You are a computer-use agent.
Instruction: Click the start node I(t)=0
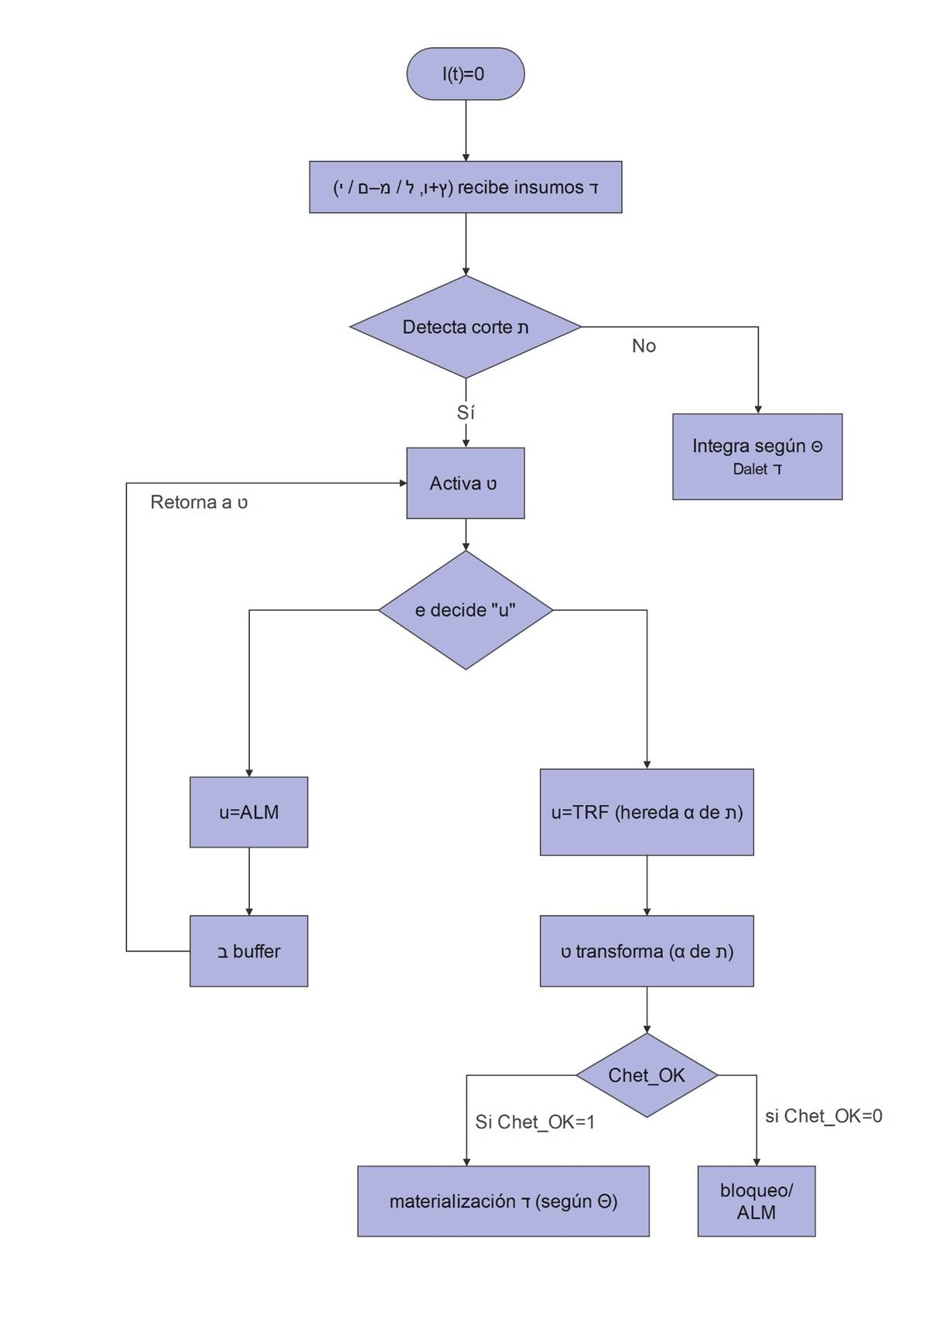[x=466, y=74]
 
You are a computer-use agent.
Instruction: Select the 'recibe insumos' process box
[x=466, y=187]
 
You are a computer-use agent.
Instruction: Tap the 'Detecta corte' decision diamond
[x=466, y=327]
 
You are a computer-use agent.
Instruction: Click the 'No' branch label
[x=644, y=346]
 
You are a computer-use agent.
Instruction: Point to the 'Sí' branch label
[x=466, y=413]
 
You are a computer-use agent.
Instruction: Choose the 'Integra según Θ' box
[x=757, y=456]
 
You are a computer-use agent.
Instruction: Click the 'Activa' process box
[x=466, y=483]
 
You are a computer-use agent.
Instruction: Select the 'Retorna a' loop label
[x=199, y=502]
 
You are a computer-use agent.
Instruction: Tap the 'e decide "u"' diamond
[x=466, y=610]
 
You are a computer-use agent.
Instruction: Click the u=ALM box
[x=249, y=812]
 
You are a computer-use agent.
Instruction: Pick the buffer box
[x=249, y=951]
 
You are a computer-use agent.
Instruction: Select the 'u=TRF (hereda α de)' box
[x=647, y=812]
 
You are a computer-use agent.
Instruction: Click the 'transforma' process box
[x=647, y=951]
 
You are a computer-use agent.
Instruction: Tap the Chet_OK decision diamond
[x=647, y=1075]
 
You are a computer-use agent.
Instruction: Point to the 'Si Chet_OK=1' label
[x=535, y=1122]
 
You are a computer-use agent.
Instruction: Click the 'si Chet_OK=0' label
[x=824, y=1115]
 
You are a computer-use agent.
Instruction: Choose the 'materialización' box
[x=504, y=1201]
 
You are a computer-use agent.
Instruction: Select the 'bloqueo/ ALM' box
[x=756, y=1201]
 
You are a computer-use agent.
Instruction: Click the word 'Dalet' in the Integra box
[x=749, y=469]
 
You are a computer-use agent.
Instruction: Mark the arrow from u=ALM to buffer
[x=249, y=882]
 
